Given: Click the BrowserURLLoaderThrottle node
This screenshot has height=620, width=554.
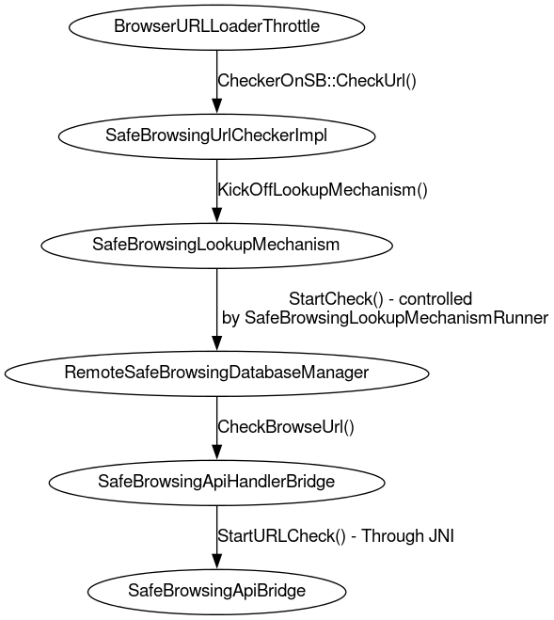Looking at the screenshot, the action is click(216, 27).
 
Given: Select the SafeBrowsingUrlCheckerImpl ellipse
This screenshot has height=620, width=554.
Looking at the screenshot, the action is click(216, 136).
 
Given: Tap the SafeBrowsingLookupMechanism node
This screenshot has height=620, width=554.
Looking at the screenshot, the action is click(216, 246).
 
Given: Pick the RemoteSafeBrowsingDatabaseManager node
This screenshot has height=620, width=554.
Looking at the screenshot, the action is click(216, 374).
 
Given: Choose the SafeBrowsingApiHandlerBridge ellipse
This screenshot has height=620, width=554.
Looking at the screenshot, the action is click(216, 483).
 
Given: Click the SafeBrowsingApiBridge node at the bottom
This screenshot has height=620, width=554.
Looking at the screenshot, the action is click(216, 592).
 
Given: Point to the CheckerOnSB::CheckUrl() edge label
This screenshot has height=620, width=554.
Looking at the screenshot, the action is click(317, 81).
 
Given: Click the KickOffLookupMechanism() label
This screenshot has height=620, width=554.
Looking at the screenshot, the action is click(323, 190).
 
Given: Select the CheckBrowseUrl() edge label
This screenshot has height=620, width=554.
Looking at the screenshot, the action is click(286, 427).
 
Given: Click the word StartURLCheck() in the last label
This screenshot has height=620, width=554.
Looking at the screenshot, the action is click(281, 536).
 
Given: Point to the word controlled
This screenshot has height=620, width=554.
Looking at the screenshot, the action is click(435, 299).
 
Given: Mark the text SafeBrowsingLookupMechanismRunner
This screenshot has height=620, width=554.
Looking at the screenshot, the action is click(397, 318).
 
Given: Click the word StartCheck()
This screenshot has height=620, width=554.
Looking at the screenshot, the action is click(336, 299).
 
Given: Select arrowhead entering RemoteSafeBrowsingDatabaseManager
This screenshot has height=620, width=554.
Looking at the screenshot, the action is click(216, 342).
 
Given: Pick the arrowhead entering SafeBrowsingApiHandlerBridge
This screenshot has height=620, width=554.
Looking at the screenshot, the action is click(216, 451).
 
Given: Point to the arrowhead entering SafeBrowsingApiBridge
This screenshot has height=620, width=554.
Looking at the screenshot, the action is click(216, 560).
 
